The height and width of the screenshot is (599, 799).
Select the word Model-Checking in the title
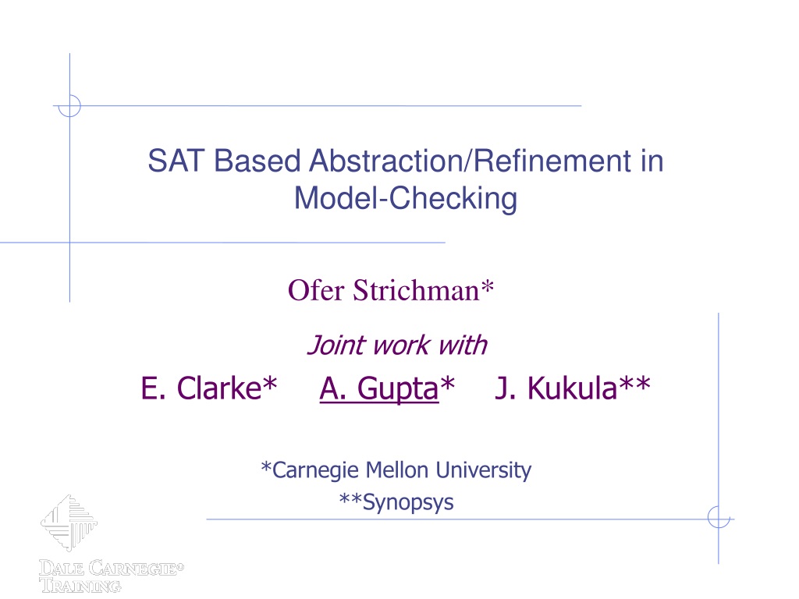(406, 199)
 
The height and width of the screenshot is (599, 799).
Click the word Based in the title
(257, 161)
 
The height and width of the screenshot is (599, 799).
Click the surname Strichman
(417, 291)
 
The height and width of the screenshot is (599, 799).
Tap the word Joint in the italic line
(336, 346)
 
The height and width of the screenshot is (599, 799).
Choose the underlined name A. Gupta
(379, 388)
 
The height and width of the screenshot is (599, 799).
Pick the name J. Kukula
(556, 388)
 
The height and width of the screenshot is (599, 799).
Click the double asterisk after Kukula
(634, 383)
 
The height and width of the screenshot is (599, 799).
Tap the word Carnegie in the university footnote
(315, 470)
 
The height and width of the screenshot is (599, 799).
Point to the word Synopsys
(407, 503)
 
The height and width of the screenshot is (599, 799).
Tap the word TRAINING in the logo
(80, 585)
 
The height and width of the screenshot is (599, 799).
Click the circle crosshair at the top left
(69, 106)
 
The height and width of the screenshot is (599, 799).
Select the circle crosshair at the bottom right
(719, 518)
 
